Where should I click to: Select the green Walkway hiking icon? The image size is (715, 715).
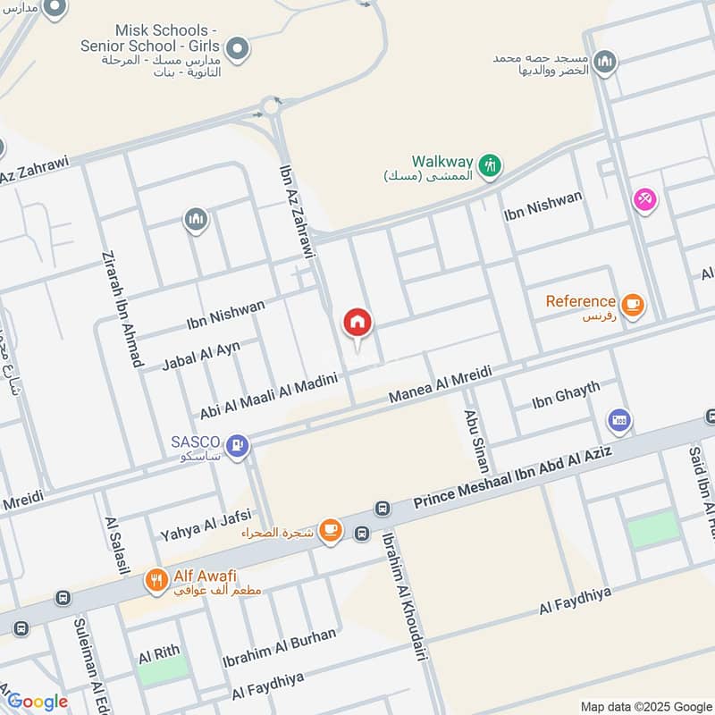489,164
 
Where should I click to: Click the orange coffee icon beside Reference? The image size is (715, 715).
633,305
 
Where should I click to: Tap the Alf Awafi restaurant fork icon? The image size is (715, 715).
156,580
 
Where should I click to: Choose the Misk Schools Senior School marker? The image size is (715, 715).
237,49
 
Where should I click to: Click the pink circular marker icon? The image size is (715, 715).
643,200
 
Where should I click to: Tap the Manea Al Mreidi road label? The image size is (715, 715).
440,384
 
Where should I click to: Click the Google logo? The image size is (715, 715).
38,702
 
